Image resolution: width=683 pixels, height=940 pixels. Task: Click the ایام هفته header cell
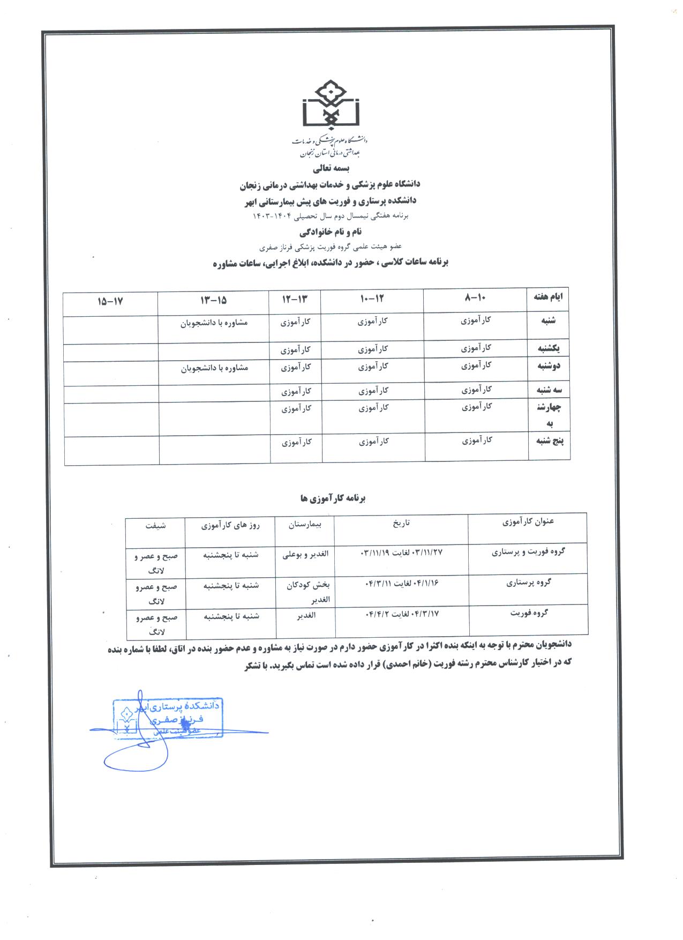click(549, 296)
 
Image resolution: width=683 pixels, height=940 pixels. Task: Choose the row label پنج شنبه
click(549, 441)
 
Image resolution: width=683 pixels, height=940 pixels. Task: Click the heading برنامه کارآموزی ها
click(332, 498)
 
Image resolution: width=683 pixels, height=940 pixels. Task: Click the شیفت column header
click(155, 526)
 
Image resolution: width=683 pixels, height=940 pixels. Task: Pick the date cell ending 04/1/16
click(401, 583)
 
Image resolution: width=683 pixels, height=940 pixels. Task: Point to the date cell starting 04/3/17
click(402, 613)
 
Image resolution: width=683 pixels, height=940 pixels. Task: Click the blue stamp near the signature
click(167, 717)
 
